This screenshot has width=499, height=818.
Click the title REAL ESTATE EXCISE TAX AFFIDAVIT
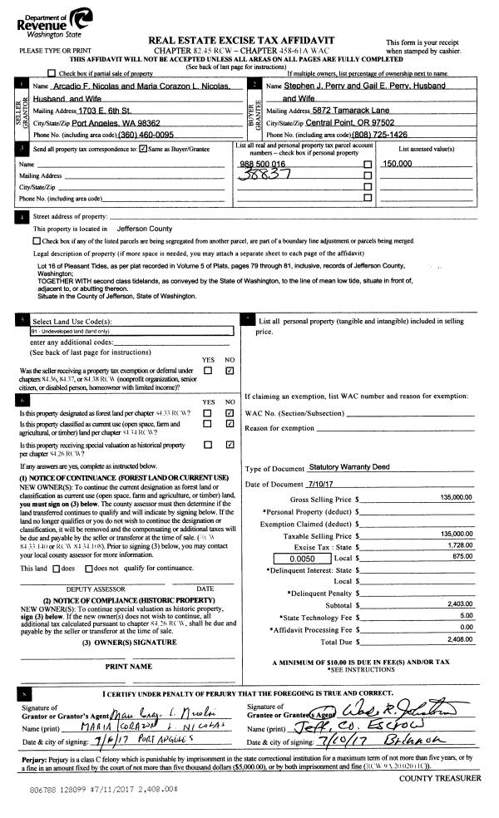(x=252, y=40)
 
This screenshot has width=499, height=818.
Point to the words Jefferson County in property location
(x=145, y=227)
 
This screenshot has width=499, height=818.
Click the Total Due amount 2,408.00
(x=457, y=641)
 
